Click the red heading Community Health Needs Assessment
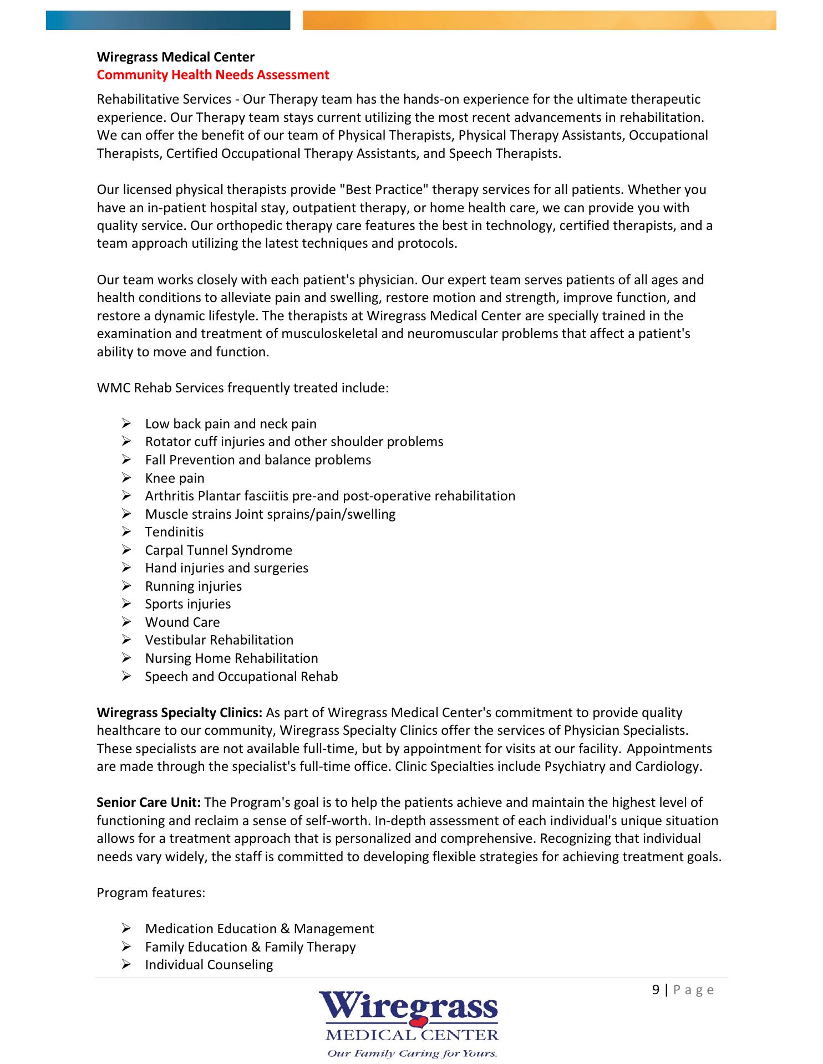click(213, 75)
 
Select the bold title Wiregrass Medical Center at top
click(176, 57)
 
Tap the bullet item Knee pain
click(175, 478)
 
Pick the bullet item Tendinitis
click(174, 532)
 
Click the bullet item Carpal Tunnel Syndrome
click(219, 550)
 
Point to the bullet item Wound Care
click(182, 622)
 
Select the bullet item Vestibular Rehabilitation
click(219, 640)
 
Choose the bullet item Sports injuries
click(188, 604)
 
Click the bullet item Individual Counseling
click(209, 965)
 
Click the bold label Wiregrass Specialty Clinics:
click(180, 713)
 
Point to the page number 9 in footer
click(656, 990)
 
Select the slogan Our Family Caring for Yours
click(412, 1053)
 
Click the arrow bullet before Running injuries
click(126, 586)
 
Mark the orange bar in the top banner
click(539, 20)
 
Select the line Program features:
click(151, 893)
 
